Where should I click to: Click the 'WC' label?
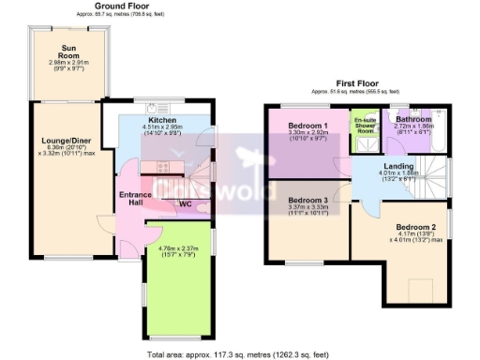(x=185, y=202)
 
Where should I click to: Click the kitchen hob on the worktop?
(x=165, y=167)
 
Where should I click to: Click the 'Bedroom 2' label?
(x=414, y=227)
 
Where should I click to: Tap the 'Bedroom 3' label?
(x=307, y=201)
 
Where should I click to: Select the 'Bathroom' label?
(x=412, y=120)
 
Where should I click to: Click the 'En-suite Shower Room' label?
(x=364, y=126)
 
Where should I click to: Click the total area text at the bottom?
(x=240, y=354)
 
